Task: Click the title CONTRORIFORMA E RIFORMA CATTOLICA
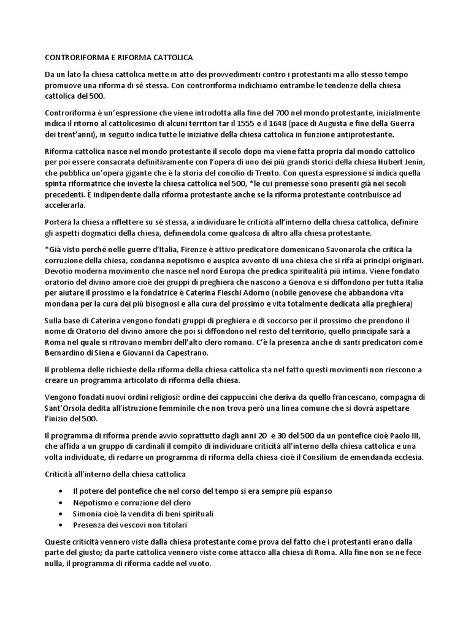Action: click(119, 57)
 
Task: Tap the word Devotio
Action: click(61, 272)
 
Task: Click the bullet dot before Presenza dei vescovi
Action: click(59, 525)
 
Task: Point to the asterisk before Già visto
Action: click(47, 250)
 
